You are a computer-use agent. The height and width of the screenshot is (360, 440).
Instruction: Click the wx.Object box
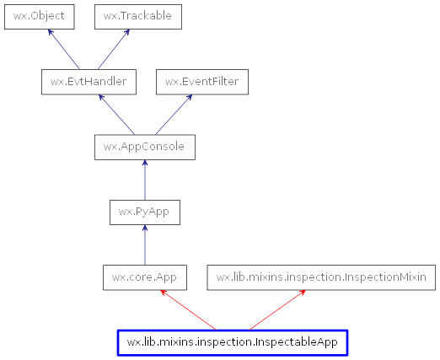[x=39, y=16]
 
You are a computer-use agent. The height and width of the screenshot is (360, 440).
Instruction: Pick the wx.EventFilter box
[x=201, y=82]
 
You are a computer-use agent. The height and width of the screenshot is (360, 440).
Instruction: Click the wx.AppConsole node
[x=145, y=148]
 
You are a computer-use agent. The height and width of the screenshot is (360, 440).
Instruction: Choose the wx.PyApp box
[x=145, y=212]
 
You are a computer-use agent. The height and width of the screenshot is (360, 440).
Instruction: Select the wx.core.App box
[x=145, y=277]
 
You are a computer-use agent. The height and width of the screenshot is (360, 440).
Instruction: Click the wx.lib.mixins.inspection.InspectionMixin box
[x=321, y=277]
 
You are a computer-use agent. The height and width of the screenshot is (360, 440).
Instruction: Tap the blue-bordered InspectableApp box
[x=233, y=342]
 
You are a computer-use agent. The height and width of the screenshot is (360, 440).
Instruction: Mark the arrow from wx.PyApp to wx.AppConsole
[x=145, y=180]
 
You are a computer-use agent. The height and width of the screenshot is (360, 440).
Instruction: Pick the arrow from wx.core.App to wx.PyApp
[x=145, y=244]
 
